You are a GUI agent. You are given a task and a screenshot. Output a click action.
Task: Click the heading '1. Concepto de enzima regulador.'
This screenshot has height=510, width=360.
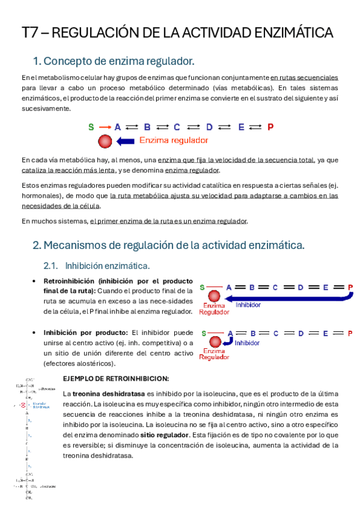tap(114, 61)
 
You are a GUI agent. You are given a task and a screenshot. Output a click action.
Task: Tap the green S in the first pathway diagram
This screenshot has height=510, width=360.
tap(91, 127)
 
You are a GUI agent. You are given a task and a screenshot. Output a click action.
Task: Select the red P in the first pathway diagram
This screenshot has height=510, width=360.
tap(270, 127)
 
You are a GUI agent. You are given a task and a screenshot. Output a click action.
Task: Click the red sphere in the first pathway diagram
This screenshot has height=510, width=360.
tap(105, 141)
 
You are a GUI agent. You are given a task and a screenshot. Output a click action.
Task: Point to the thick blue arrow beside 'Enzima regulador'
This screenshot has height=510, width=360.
tap(125, 141)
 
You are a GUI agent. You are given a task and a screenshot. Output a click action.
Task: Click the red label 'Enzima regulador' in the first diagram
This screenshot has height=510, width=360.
tap(174, 141)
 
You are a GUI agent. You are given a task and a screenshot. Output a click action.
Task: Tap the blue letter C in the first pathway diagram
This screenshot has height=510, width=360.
tap(177, 127)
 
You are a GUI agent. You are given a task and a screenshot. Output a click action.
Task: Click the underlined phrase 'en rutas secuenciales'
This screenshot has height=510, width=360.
tap(304, 78)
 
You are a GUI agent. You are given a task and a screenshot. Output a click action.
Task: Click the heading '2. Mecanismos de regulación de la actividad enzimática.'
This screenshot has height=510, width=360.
tap(168, 245)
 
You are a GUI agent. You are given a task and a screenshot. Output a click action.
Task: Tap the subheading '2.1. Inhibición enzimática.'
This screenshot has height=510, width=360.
tap(97, 265)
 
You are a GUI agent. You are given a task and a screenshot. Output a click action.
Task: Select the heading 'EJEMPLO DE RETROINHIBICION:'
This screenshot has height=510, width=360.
tap(116, 378)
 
